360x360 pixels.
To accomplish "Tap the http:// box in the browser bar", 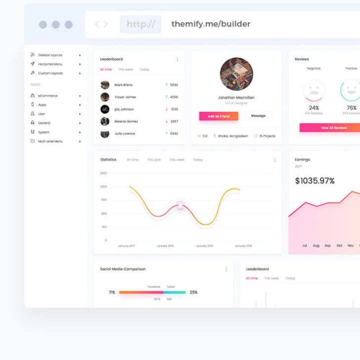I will click(x=140, y=24).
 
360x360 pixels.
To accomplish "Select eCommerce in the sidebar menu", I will click(x=48, y=96).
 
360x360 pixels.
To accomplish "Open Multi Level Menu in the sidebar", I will click(x=50, y=141).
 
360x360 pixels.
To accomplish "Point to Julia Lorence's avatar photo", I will click(x=105, y=133).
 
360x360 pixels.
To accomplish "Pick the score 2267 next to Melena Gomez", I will click(x=174, y=121).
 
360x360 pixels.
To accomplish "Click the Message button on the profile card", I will click(x=258, y=116).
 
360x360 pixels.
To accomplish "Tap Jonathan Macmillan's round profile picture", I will click(x=236, y=74).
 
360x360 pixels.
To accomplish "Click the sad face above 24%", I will click(x=314, y=91).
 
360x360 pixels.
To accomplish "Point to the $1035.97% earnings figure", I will click(x=315, y=181).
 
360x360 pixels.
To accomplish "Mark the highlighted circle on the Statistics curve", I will click(x=181, y=206).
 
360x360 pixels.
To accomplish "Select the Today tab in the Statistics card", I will click(x=198, y=160).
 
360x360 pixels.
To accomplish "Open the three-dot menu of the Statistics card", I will click(x=275, y=160).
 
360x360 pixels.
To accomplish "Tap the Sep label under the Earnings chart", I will click(x=328, y=245).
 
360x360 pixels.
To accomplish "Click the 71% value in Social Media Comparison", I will click(x=112, y=292).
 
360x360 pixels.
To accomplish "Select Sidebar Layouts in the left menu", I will click(x=50, y=55).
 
